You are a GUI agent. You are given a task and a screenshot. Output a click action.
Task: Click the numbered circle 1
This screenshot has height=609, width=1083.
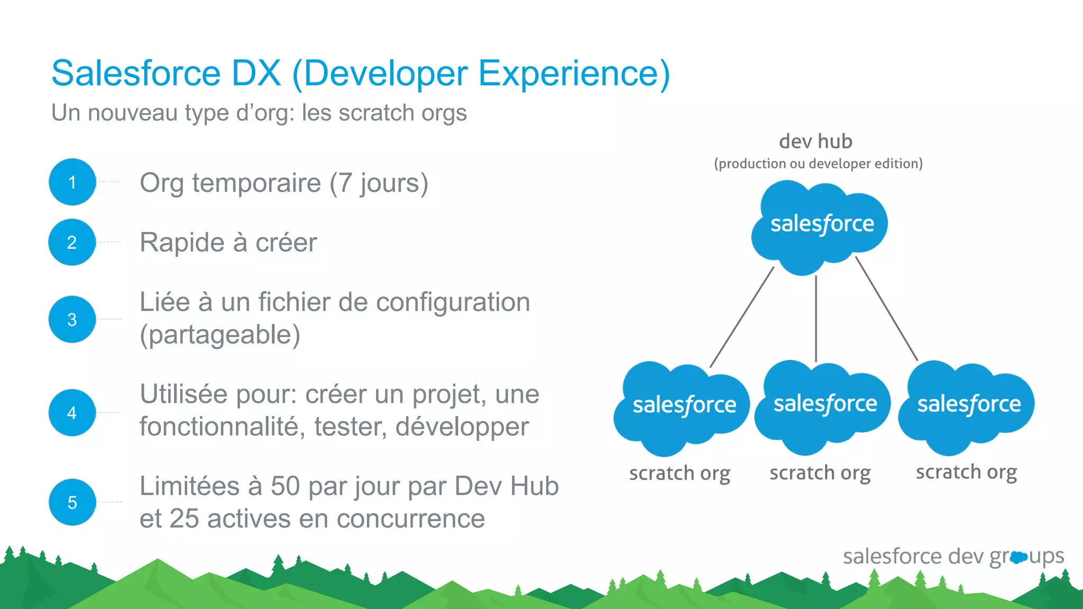(x=72, y=182)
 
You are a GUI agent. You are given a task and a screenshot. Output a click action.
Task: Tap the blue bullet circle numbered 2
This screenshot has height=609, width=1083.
(x=72, y=242)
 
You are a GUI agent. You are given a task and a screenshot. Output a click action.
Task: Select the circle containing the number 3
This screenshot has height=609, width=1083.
(x=72, y=319)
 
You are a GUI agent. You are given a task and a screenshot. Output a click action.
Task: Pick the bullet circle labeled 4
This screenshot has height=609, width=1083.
(x=72, y=413)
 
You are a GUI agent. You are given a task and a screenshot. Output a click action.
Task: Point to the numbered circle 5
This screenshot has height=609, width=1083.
(x=72, y=502)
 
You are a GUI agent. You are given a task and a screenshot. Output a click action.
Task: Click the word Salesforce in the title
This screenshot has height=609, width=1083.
(x=136, y=73)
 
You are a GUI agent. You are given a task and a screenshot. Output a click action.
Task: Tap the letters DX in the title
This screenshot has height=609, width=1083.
(x=256, y=73)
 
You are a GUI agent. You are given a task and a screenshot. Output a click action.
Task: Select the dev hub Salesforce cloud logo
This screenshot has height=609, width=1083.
(x=820, y=225)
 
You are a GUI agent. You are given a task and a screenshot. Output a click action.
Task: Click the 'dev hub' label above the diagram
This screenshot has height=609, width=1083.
(x=815, y=142)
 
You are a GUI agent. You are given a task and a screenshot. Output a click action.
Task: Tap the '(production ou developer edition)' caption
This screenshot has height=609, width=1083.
(x=818, y=164)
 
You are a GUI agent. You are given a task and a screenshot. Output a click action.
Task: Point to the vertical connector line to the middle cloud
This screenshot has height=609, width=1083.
(x=816, y=318)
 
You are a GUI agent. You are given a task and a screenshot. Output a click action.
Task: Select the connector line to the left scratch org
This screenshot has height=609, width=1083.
(x=742, y=317)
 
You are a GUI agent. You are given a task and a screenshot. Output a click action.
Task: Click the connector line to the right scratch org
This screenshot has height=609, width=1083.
(x=886, y=309)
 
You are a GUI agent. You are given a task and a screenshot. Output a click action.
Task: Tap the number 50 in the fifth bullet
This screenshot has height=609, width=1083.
(x=286, y=486)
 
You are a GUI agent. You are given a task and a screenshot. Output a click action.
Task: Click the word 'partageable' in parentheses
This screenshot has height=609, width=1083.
(x=220, y=335)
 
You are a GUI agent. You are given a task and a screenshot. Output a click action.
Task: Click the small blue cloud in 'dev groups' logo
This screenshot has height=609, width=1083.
(x=1018, y=557)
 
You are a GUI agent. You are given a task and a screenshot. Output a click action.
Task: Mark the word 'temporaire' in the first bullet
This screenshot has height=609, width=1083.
(x=256, y=183)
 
